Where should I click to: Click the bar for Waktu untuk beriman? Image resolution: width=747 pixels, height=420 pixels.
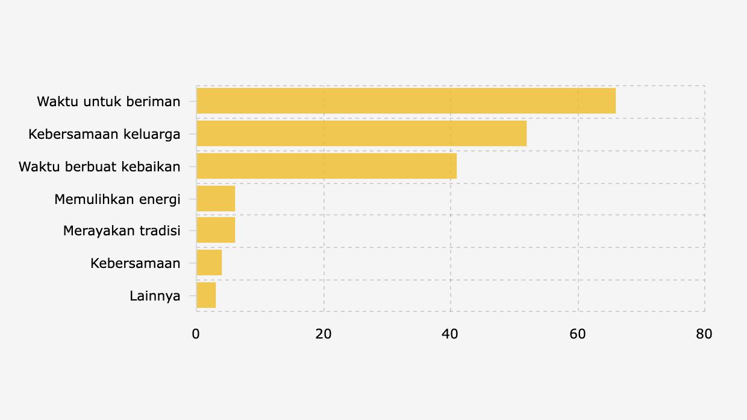coord(406,101)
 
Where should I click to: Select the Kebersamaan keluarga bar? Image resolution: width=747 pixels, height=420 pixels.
coord(361,133)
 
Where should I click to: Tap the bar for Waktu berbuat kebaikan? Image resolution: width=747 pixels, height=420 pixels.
coord(327,166)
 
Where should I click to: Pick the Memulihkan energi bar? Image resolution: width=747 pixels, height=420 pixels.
coord(216,199)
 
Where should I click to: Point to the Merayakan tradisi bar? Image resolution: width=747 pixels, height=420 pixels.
coord(216,230)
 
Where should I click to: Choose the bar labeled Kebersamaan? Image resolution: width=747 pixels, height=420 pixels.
coord(209,262)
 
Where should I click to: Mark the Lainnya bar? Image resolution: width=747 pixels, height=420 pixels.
coord(206,295)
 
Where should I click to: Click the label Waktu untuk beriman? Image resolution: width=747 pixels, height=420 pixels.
coord(108,101)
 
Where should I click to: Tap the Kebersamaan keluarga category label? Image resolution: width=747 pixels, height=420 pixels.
coord(104,134)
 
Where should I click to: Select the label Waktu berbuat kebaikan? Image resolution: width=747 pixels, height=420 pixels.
coord(99,167)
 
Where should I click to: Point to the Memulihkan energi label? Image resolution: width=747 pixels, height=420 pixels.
coord(117,199)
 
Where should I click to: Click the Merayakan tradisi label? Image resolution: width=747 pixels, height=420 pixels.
coord(122,231)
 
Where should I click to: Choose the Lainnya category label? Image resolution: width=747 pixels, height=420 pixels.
coord(155,296)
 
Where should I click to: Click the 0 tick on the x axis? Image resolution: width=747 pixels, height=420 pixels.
coord(196,334)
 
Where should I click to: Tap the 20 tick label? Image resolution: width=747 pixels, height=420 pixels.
coord(323,334)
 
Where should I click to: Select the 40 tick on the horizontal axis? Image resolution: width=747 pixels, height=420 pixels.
coord(451,334)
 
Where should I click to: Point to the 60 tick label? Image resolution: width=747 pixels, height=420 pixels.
coord(578,334)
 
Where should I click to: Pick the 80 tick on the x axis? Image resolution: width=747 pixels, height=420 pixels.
coord(704,334)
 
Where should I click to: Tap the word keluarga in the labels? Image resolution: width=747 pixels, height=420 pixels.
coord(152,134)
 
